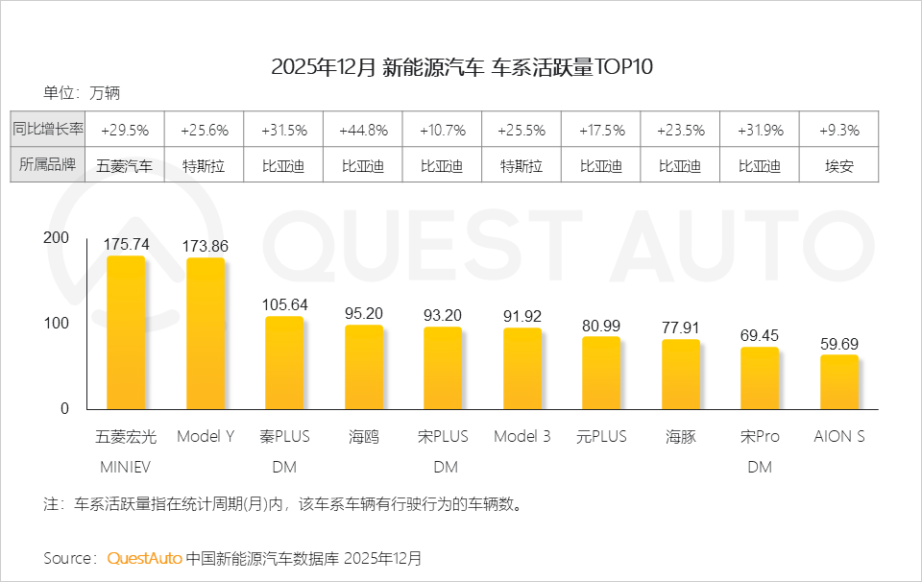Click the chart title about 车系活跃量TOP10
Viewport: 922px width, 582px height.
coord(462,67)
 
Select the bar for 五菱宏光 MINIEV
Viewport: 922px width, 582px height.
coord(125,332)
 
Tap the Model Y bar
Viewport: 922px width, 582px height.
coord(205,333)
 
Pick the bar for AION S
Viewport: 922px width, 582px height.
coord(838,382)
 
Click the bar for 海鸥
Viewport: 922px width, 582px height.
coord(363,367)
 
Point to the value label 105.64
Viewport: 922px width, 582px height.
coord(284,304)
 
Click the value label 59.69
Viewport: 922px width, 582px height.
coord(838,343)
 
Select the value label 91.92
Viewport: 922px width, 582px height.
coord(522,315)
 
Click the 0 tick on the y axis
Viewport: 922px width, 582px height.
coord(64,408)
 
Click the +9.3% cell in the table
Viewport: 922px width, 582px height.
coord(838,130)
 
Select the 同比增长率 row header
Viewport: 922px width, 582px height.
coord(49,129)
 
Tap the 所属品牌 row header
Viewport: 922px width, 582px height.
coord(49,165)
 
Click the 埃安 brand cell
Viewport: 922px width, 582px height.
coord(838,165)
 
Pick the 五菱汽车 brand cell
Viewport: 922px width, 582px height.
coord(125,165)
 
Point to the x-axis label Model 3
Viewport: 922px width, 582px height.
coord(522,436)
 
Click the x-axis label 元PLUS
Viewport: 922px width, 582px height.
coord(601,436)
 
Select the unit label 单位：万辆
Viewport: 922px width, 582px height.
coord(82,93)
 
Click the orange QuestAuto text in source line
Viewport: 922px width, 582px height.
coord(143,558)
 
